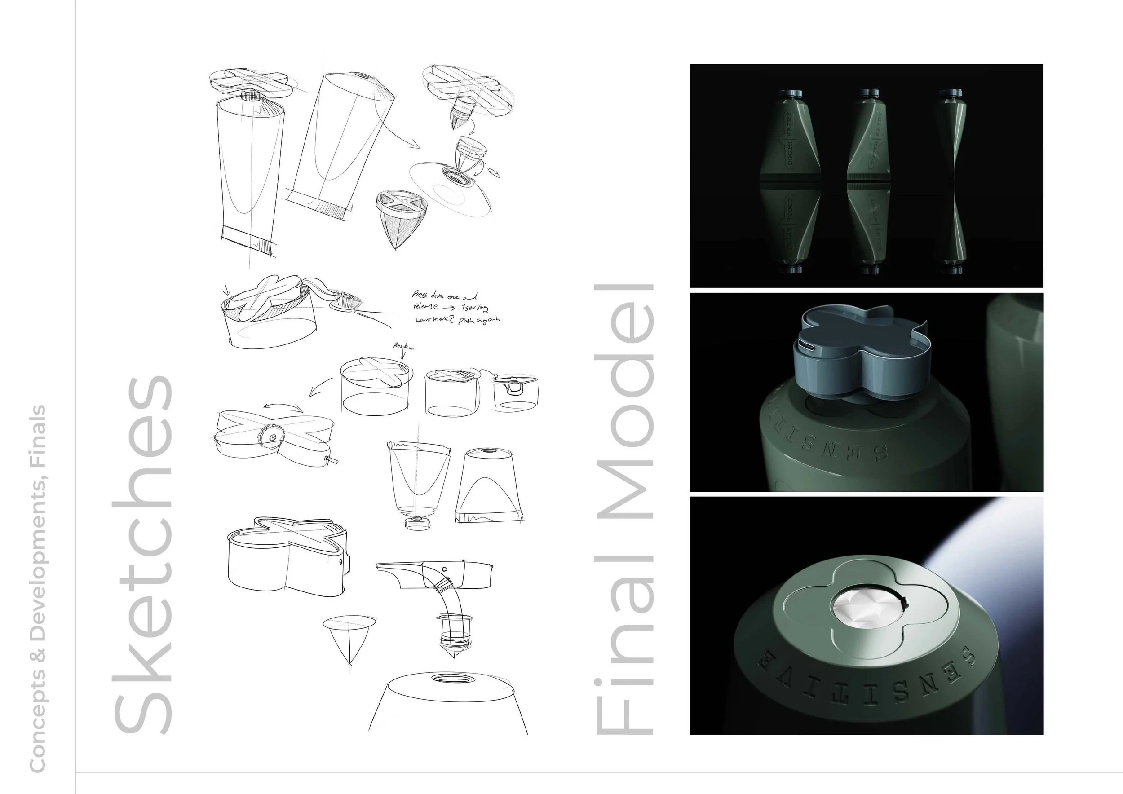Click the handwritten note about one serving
pyautogui.click(x=455, y=308)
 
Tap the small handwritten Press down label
pyautogui.click(x=404, y=347)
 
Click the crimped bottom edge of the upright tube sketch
pyautogui.click(x=247, y=239)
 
